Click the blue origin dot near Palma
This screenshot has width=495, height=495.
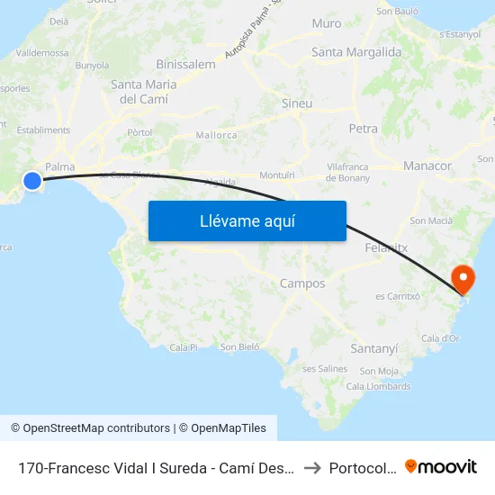(32, 181)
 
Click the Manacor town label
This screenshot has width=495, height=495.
(427, 166)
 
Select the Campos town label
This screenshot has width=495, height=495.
(302, 283)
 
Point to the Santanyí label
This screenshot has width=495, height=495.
(373, 347)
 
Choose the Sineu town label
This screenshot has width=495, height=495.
(297, 103)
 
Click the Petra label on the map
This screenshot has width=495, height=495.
(364, 129)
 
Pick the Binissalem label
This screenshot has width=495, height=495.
(185, 64)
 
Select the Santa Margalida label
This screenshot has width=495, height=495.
(356, 52)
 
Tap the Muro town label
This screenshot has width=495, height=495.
(326, 23)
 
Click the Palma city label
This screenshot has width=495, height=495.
(59, 166)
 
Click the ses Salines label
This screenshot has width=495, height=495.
(325, 368)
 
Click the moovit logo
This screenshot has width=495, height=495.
(441, 467)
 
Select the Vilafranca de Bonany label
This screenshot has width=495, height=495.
(347, 173)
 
